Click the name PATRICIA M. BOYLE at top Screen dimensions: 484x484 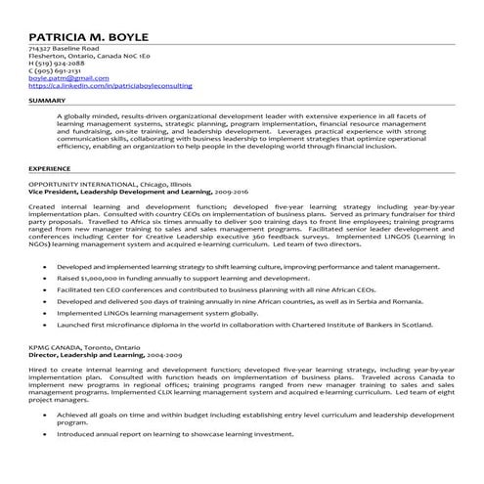pos(89,28)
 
